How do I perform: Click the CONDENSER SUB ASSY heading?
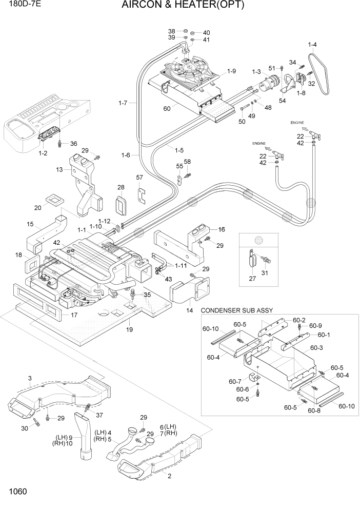[x=237, y=310]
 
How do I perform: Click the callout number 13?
[x=60, y=170]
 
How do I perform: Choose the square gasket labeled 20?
[x=53, y=199]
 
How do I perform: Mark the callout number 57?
[x=139, y=178]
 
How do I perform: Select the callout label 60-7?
[x=235, y=382]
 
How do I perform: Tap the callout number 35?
[x=147, y=295]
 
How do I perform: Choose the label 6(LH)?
[x=168, y=427]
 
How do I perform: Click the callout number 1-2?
[x=43, y=153]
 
